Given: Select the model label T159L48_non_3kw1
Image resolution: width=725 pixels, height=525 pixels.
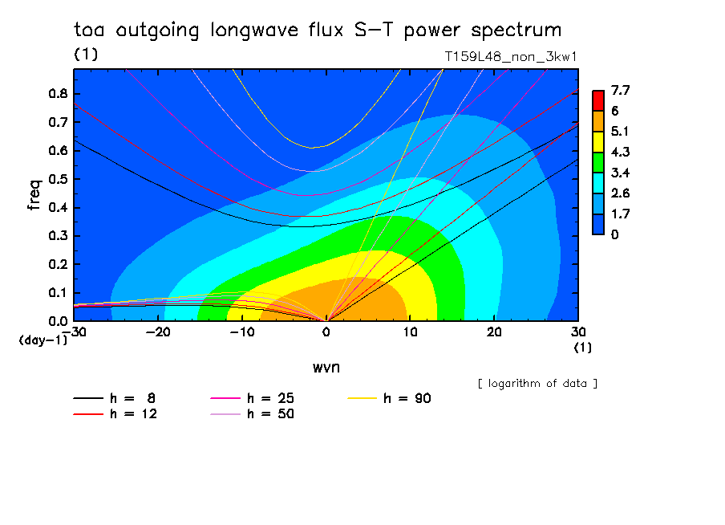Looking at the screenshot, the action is click(x=511, y=57).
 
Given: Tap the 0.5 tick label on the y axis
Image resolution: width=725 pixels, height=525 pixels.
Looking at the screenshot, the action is click(x=59, y=179).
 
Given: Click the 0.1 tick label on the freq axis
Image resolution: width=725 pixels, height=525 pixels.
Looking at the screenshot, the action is click(x=59, y=293).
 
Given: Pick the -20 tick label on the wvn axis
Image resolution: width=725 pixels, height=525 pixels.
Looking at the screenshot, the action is click(x=158, y=332).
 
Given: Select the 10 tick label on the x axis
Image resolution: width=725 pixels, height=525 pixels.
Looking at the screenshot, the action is click(x=411, y=332).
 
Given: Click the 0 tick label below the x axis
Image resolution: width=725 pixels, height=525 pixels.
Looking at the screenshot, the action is click(x=326, y=332).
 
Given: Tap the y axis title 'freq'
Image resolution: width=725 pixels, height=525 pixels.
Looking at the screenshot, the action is click(x=34, y=195).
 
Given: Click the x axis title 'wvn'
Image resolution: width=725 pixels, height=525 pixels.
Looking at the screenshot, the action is click(x=326, y=368).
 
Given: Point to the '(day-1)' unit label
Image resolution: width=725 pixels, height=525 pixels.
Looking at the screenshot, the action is click(x=43, y=340).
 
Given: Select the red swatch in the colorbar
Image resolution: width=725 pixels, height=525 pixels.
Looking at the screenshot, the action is click(x=598, y=100).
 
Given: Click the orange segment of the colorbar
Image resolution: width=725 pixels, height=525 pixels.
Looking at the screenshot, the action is click(x=598, y=121).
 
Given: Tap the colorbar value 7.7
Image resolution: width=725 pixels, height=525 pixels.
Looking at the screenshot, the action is click(x=621, y=90).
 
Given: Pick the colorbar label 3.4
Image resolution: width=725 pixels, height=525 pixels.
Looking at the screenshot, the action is click(x=621, y=173).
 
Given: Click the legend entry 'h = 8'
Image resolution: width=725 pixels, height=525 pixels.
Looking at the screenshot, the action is click(x=114, y=398).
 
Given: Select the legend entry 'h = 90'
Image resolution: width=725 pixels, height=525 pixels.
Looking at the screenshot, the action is click(x=389, y=398).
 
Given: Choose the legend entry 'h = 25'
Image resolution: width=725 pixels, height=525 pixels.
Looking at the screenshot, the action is click(x=253, y=398).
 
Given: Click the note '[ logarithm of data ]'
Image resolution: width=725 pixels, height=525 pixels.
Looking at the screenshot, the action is click(x=538, y=384).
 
